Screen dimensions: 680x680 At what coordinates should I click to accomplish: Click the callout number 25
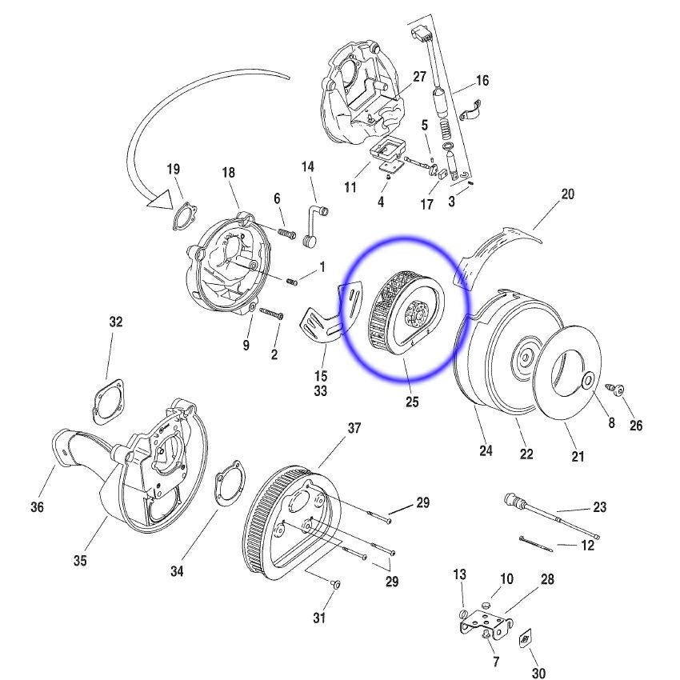click(412, 402)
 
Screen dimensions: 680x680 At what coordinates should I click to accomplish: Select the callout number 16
click(482, 81)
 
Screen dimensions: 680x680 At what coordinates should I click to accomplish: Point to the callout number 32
click(116, 322)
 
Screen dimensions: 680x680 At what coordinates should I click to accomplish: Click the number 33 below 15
click(321, 392)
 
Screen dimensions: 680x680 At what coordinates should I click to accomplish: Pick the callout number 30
click(538, 674)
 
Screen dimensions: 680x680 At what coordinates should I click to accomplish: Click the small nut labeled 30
click(526, 639)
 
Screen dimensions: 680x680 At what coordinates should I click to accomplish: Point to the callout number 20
click(568, 194)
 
